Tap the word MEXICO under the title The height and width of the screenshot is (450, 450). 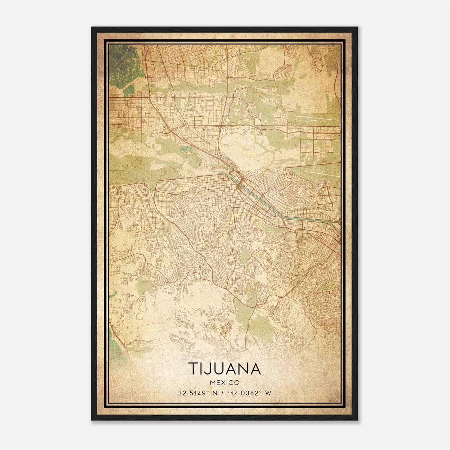(x=224, y=382)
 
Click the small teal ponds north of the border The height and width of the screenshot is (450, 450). (x=184, y=148)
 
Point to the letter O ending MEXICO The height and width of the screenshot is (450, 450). (x=237, y=382)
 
